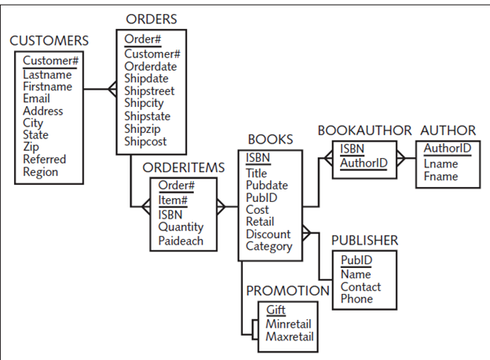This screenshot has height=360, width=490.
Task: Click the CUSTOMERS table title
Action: click(x=49, y=41)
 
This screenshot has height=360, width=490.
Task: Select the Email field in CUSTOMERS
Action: click(x=36, y=99)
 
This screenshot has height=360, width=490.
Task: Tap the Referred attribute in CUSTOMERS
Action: click(x=45, y=160)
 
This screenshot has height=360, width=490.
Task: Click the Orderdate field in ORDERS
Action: click(x=151, y=67)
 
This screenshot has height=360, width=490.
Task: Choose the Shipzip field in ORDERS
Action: click(x=144, y=130)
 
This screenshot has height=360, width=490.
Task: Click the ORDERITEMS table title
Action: click(x=184, y=168)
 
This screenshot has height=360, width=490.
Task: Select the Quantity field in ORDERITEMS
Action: click(x=181, y=227)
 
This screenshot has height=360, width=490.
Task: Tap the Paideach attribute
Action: click(x=181, y=241)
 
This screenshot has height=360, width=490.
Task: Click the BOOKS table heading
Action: click(x=270, y=139)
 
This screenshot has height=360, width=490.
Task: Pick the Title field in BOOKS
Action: click(x=256, y=174)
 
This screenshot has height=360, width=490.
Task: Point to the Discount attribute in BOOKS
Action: click(x=268, y=234)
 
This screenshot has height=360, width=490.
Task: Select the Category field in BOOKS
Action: click(x=269, y=247)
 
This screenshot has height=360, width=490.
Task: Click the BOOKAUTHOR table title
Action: click(x=364, y=130)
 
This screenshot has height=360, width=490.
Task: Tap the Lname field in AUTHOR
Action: click(x=441, y=164)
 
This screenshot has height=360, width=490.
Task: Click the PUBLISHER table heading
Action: click(x=364, y=241)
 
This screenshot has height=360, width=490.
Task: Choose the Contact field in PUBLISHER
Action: click(x=360, y=287)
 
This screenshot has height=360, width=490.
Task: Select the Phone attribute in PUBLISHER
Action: click(x=357, y=299)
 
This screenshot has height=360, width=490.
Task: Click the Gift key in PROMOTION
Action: click(x=276, y=310)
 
